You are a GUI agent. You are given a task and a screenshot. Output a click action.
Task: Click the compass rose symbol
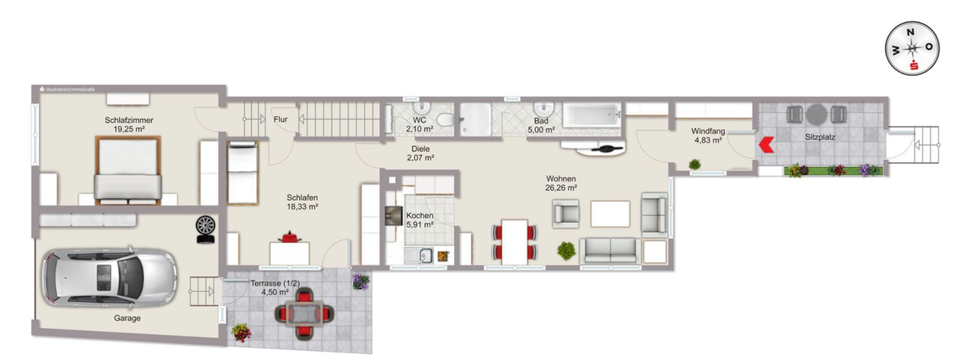(x=911, y=48)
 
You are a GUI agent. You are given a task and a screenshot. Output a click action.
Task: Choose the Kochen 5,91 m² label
(x=420, y=220)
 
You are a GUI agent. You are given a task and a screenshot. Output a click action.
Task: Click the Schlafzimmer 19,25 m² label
(x=127, y=124)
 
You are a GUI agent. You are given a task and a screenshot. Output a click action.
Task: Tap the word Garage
(x=127, y=318)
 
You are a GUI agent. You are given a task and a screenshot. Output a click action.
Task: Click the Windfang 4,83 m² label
(x=708, y=135)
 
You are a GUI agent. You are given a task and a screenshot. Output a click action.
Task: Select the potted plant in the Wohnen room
(x=567, y=250)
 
